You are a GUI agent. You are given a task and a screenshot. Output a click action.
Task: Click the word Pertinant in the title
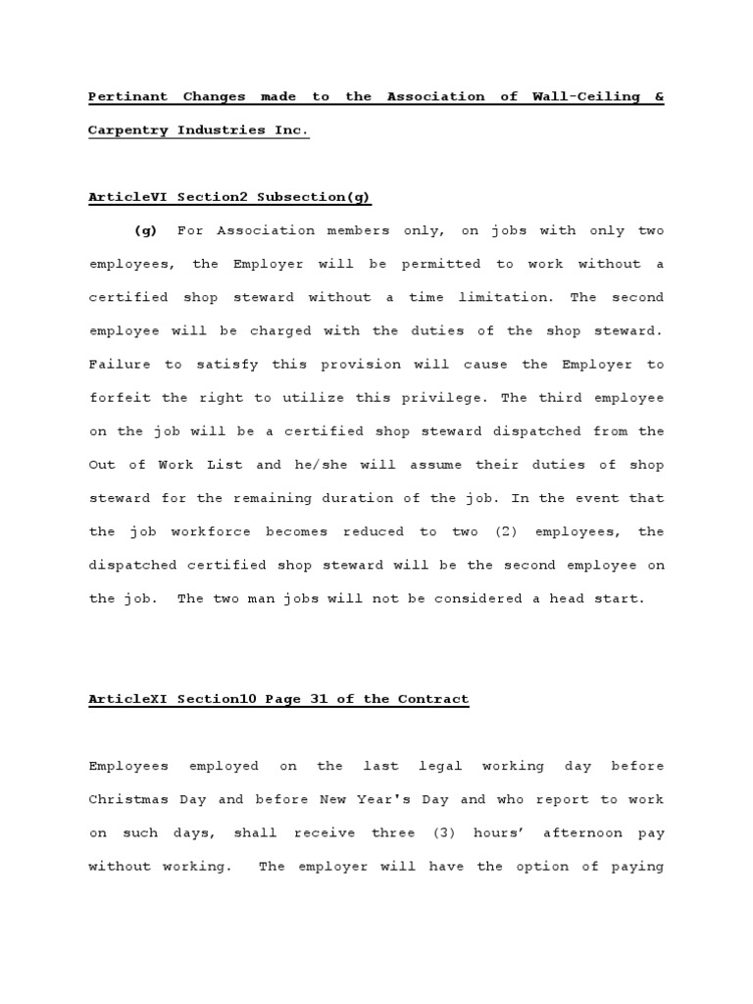click(x=127, y=97)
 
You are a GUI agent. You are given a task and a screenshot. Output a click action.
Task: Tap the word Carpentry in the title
click(x=128, y=130)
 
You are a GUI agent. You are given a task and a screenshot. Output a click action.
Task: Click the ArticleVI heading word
click(x=124, y=197)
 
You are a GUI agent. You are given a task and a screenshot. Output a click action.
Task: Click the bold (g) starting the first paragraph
click(x=145, y=231)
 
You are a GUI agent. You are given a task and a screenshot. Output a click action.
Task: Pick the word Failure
click(x=120, y=365)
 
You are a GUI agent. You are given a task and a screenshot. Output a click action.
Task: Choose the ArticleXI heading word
click(x=124, y=700)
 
